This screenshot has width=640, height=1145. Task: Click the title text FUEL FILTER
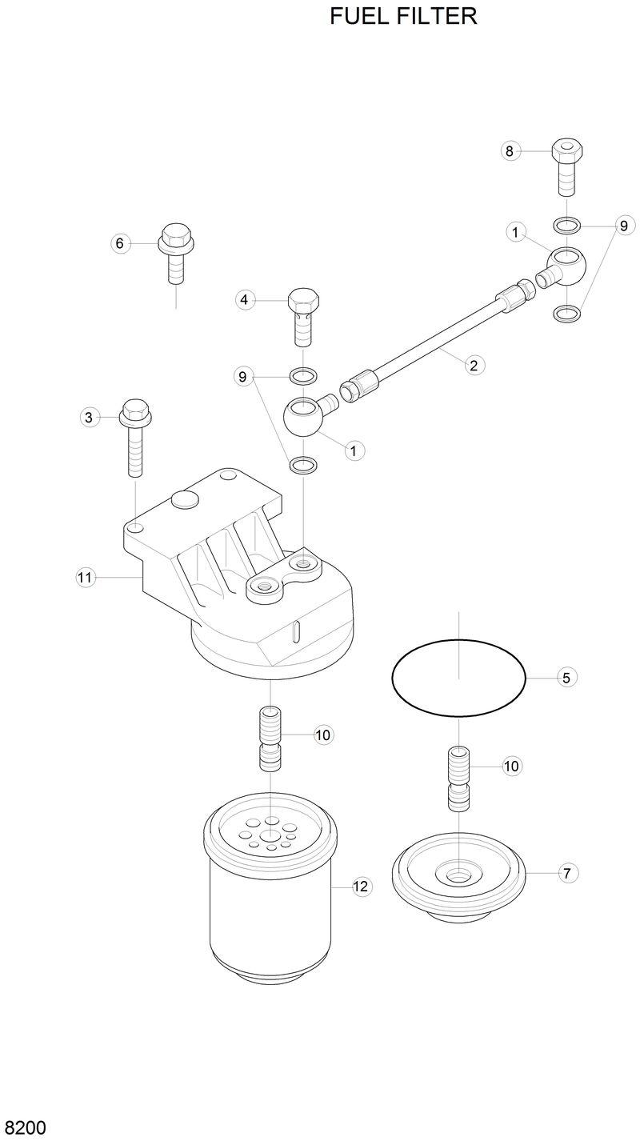tap(403, 16)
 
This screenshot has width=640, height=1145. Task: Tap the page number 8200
tap(26, 1128)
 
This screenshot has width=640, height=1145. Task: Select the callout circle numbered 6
tap(120, 243)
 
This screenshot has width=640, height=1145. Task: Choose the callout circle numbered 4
tap(245, 300)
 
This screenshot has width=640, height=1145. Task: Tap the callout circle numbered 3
tap(89, 416)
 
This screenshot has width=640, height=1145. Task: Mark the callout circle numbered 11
tap(85, 576)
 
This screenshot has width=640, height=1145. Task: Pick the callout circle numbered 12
tap(362, 886)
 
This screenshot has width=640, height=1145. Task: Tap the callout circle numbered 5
tap(566, 678)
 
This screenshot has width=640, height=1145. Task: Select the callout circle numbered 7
tap(566, 873)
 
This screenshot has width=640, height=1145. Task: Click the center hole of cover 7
tap(458, 876)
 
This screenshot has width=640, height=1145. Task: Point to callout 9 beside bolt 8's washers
tap(622, 226)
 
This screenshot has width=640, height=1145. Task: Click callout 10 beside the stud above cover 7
tap(511, 766)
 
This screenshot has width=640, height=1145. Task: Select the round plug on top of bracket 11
tap(184, 501)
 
